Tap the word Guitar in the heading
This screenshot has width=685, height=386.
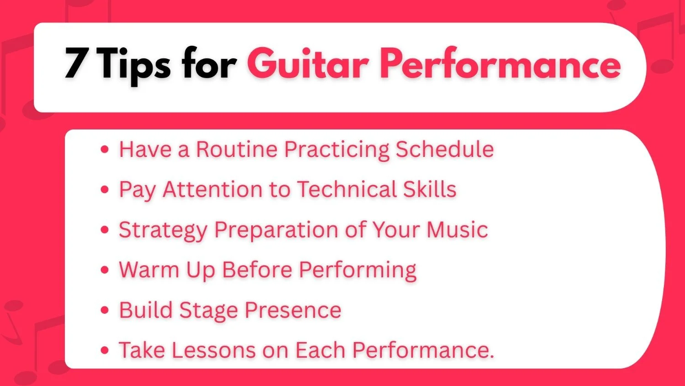click(308, 64)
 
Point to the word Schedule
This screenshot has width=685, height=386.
click(444, 149)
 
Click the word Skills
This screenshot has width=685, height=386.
click(430, 189)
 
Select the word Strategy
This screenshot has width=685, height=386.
click(163, 230)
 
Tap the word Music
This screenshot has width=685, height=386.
click(457, 230)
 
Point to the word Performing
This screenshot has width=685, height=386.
click(358, 270)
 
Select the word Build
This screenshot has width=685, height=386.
click(146, 310)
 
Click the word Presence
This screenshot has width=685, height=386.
click(293, 310)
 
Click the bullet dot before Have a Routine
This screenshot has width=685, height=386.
click(105, 150)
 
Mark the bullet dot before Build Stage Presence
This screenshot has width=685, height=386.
click(105, 311)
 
